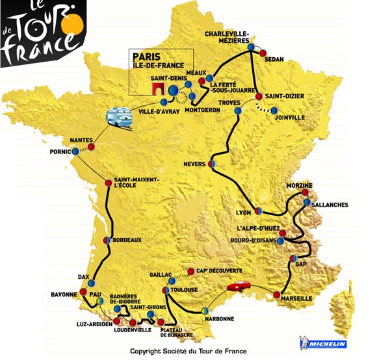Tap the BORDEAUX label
click(127, 240)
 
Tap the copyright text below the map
click(188, 352)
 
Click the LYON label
click(242, 212)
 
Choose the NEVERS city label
click(195, 164)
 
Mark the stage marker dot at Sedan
click(263, 54)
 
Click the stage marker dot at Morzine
click(305, 193)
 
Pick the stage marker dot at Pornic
click(75, 151)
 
